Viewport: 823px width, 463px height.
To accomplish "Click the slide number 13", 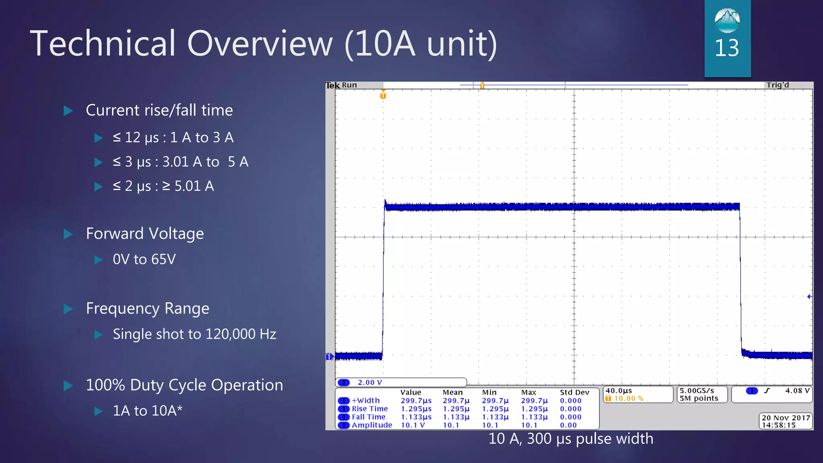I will (x=727, y=48).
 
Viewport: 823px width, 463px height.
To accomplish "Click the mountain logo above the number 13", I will (x=727, y=20).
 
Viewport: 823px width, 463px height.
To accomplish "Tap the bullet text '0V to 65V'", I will (x=144, y=260).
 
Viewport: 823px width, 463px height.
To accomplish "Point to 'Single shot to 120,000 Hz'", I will (x=194, y=334).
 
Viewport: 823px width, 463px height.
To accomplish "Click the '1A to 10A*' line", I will (x=147, y=411).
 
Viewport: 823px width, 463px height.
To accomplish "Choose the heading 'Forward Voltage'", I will (x=145, y=234).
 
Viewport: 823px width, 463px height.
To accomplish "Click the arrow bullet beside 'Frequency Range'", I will (x=68, y=309).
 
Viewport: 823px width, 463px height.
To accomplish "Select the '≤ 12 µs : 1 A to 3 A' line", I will (x=173, y=138).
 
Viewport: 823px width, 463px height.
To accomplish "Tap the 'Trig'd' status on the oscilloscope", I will (x=777, y=85).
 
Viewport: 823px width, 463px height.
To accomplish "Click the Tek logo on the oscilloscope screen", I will (x=332, y=85).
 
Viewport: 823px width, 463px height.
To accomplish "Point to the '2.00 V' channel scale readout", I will (x=370, y=383).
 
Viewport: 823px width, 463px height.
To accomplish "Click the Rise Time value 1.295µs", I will (x=416, y=409).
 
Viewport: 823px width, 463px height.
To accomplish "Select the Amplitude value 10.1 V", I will (x=413, y=425).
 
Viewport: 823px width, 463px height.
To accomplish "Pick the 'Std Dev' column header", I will (x=574, y=392).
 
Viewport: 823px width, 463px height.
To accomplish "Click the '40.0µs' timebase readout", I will (x=619, y=391).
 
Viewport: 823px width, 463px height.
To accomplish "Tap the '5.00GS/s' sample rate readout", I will (x=697, y=391).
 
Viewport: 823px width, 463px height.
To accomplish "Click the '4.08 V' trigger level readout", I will (x=797, y=391).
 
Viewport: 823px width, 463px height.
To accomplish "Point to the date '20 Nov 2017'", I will (x=786, y=418).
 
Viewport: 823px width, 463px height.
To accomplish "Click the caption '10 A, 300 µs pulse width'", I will (x=571, y=439).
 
